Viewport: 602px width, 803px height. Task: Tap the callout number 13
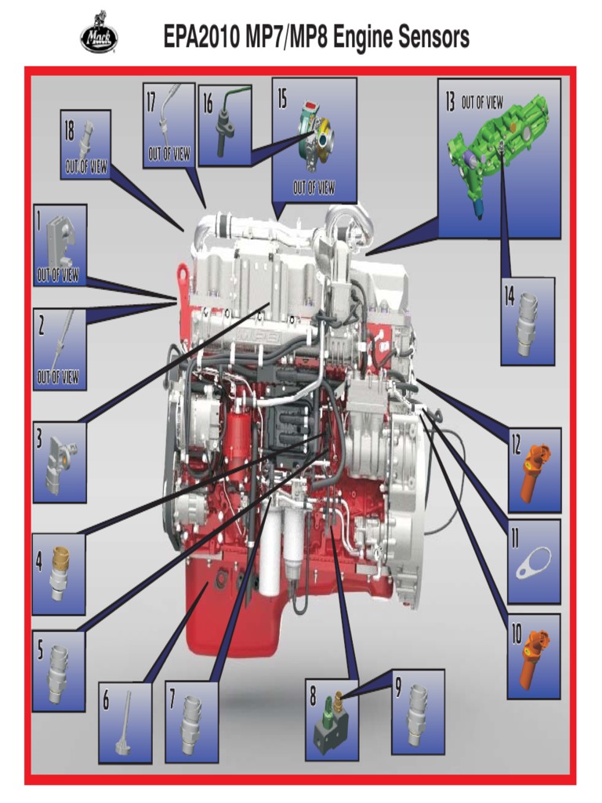pyautogui.click(x=450, y=102)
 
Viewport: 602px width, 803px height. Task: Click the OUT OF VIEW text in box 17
pyautogui.click(x=169, y=154)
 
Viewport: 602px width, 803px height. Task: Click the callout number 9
pyautogui.click(x=397, y=687)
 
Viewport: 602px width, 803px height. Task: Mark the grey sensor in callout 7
pyautogui.click(x=190, y=724)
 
